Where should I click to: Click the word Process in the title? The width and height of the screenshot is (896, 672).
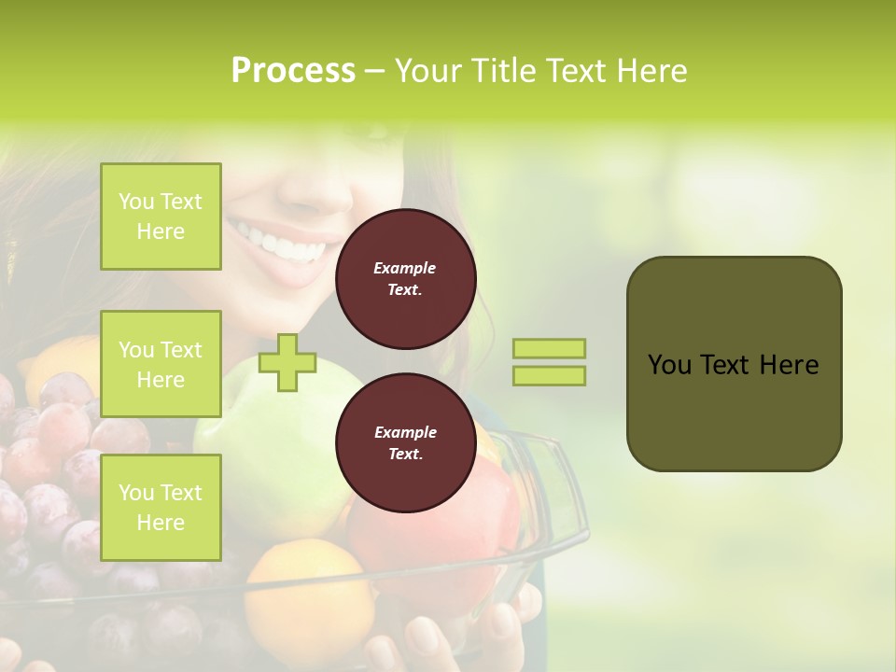pyautogui.click(x=293, y=71)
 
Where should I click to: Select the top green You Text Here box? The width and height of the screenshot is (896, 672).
pyautogui.click(x=161, y=217)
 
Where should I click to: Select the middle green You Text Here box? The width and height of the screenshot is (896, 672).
pyautogui.click(x=161, y=364)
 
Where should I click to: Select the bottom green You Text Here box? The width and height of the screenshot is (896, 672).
pyautogui.click(x=161, y=508)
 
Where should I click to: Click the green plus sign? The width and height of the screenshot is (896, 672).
pyautogui.click(x=287, y=362)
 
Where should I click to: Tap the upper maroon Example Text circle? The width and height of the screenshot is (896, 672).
pyautogui.click(x=406, y=279)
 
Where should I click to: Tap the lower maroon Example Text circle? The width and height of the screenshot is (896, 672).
pyautogui.click(x=406, y=443)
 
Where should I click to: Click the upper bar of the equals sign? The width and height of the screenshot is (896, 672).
pyautogui.click(x=550, y=348)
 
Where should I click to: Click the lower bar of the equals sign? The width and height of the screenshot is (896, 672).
pyautogui.click(x=550, y=375)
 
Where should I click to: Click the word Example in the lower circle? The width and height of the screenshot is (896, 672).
pyautogui.click(x=405, y=432)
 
